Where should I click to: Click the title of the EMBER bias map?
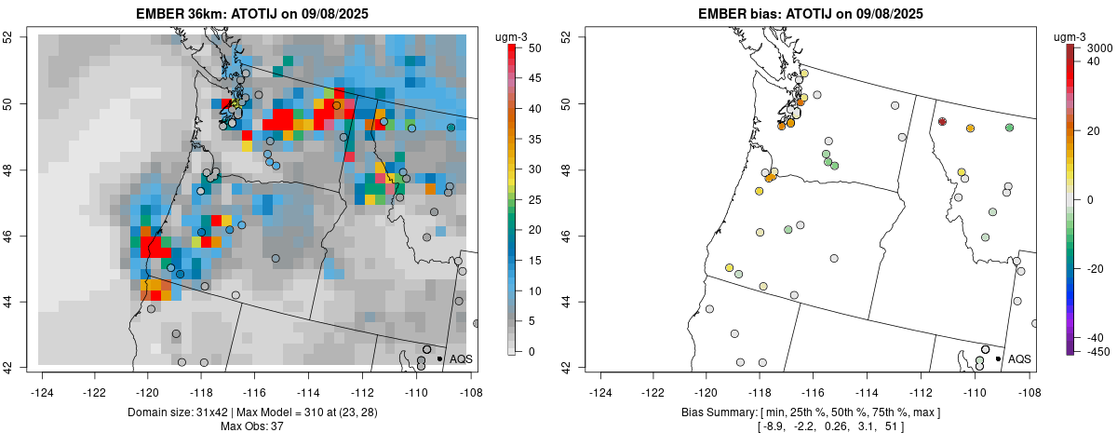coord(811,13)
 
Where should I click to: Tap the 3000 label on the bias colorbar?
coord(1100,47)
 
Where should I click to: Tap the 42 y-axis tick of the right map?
coord(566,367)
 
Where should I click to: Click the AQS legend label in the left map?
coord(461,358)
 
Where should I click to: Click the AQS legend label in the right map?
coord(1019,358)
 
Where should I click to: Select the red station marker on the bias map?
coord(943,122)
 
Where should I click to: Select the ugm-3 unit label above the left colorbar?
coord(509,36)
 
